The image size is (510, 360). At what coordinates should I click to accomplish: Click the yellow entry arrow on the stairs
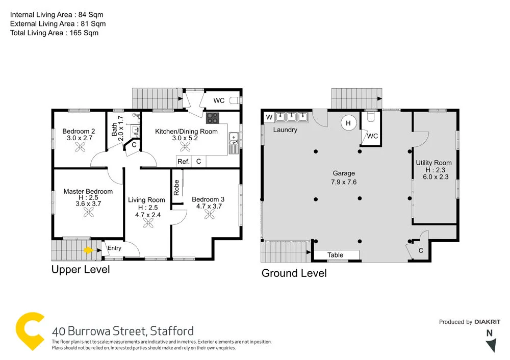(88, 250)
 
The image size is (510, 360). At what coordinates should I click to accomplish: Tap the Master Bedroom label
(88, 191)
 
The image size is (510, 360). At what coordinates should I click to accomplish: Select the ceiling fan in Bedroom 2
(80, 147)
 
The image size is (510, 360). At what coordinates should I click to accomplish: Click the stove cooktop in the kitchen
(213, 118)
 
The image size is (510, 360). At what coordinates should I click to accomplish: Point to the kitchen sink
(233, 137)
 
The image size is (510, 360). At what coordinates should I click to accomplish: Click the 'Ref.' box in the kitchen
(184, 161)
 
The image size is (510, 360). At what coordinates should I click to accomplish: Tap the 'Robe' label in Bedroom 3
(176, 188)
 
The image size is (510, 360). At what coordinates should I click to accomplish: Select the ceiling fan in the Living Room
(148, 223)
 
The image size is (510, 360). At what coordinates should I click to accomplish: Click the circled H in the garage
(349, 123)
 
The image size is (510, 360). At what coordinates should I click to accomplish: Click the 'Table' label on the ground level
(335, 255)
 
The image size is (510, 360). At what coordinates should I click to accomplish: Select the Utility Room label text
(433, 163)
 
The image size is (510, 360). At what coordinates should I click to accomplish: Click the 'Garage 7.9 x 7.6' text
(344, 177)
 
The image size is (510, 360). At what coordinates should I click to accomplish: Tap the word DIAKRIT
(487, 322)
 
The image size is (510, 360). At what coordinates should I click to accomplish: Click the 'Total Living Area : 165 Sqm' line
(55, 33)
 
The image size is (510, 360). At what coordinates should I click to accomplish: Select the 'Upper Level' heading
(81, 269)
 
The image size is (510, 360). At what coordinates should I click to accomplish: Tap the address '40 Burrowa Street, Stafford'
(123, 330)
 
